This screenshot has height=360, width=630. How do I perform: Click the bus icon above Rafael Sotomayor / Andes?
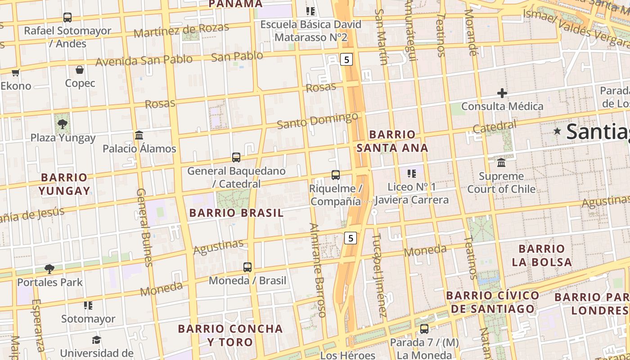pos(67,18)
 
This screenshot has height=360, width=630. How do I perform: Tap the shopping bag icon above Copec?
pos(80,70)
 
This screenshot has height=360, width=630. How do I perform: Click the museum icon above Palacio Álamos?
pos(139,135)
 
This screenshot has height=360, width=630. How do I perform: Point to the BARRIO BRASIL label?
pos(236,213)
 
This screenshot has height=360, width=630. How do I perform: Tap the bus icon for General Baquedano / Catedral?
pos(236,157)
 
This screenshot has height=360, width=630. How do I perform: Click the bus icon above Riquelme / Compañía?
pos(335,175)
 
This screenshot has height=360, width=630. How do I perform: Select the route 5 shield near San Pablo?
pos(346,59)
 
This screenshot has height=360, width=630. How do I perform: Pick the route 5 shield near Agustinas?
pos(351,238)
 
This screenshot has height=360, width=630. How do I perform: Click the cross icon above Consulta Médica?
pos(502,93)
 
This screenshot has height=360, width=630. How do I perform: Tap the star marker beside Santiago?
pos(558,131)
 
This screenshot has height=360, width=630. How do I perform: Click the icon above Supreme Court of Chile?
pos(501,162)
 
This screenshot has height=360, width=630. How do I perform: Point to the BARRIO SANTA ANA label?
pos(392,141)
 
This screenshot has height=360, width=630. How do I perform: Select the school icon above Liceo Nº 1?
pos(411,173)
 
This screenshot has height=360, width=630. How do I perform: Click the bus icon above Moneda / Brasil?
pos(247,267)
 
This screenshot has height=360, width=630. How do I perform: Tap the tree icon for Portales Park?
pos(49,269)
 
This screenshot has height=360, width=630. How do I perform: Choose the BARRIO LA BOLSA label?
pos(542,255)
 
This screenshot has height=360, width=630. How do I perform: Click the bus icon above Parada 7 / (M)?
pos(424,329)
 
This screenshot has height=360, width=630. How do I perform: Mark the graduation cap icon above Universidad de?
pos(96,340)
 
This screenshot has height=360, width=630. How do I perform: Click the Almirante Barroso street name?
pos(318,270)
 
